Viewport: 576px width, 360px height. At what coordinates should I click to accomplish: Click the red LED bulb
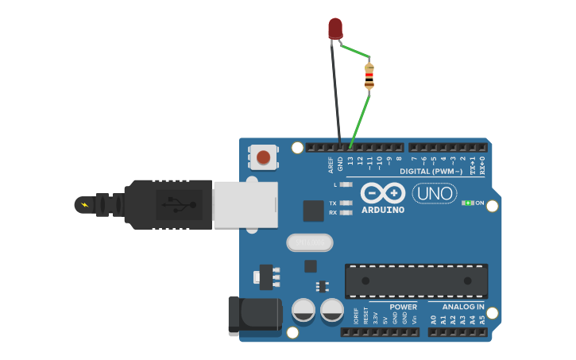[335, 28]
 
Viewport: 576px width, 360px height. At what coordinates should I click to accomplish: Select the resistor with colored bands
[369, 75]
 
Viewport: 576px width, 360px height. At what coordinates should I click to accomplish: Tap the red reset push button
[263, 157]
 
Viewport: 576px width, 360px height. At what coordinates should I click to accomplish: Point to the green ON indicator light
[466, 203]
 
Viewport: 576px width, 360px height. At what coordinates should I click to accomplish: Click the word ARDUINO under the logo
[383, 211]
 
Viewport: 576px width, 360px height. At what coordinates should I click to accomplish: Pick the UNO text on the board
[434, 193]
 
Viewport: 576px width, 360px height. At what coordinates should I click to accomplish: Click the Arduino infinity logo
[383, 193]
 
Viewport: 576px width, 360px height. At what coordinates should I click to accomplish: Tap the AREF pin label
[331, 165]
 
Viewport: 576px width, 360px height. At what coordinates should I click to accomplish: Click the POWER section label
[404, 307]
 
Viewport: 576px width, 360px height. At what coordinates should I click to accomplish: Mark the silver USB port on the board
[245, 204]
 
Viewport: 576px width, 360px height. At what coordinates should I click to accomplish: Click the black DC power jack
[254, 315]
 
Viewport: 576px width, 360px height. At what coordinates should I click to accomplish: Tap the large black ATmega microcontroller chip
[416, 281]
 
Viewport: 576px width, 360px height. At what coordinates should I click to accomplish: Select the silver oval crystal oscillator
[310, 242]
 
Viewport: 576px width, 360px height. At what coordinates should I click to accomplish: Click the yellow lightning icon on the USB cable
[85, 205]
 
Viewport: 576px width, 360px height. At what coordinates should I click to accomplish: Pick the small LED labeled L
[346, 184]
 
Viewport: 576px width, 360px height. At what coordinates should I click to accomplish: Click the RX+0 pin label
[482, 165]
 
